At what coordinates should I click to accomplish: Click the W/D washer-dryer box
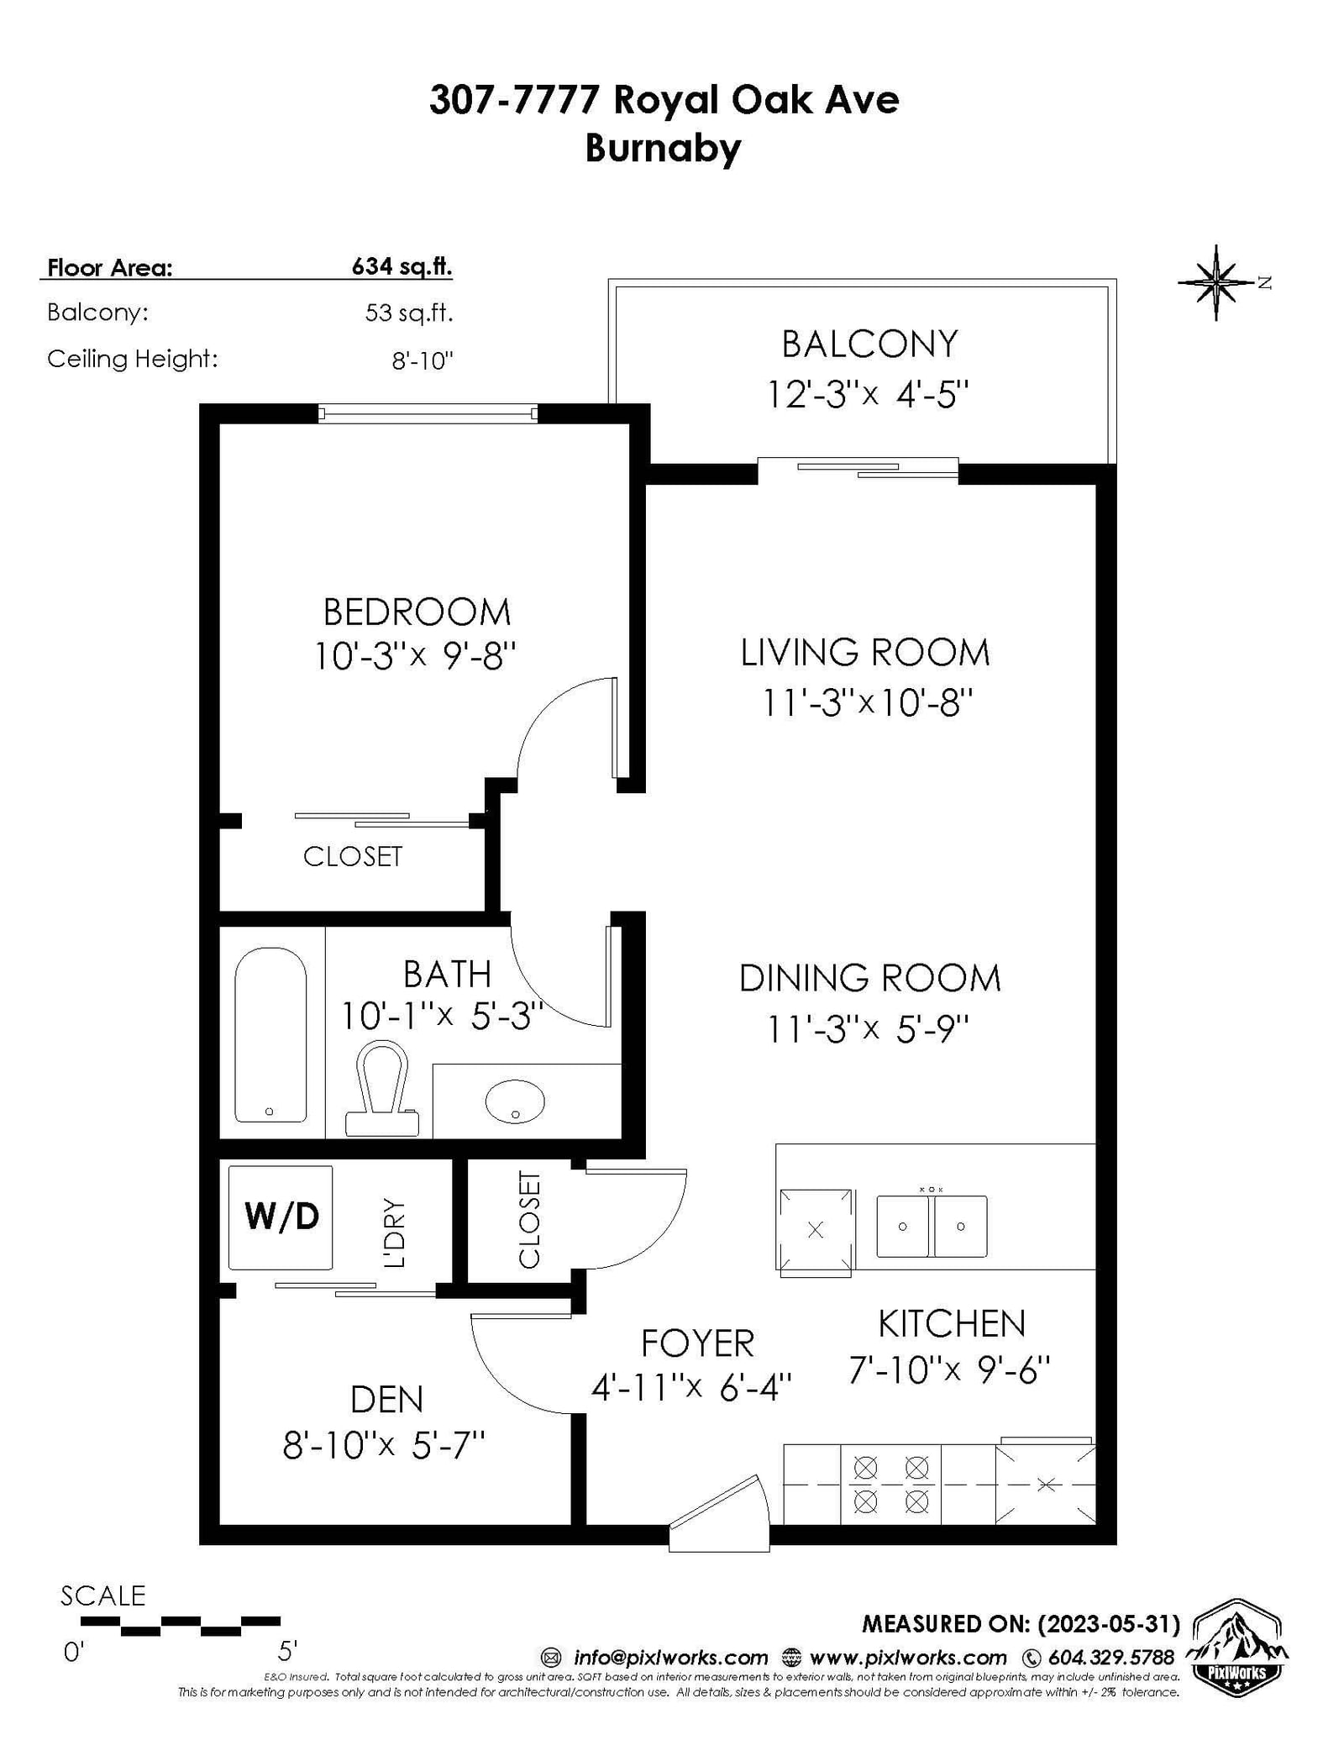point(281,1217)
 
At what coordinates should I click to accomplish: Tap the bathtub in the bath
point(270,1035)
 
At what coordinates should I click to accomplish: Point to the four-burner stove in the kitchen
point(890,1484)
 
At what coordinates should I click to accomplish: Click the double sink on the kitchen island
point(932,1226)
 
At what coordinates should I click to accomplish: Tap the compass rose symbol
point(1216,282)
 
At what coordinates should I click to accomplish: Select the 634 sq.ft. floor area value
point(402,266)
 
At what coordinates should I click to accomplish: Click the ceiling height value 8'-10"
point(423,360)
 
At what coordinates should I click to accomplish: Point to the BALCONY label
point(869,344)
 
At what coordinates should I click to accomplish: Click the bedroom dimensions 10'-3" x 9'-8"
point(415,655)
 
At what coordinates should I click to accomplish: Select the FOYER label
point(697,1343)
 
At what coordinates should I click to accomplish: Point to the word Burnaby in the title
point(664,148)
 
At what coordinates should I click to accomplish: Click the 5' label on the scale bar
point(287,1651)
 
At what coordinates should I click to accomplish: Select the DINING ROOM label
point(870,978)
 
